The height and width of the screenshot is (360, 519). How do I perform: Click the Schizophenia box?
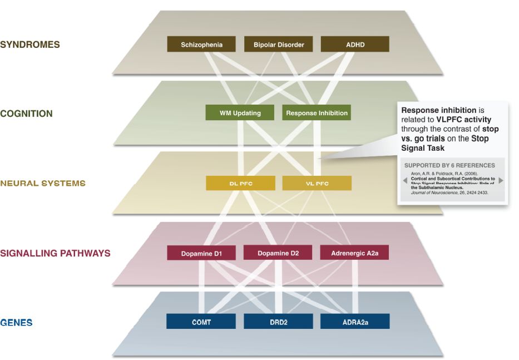(x=201, y=45)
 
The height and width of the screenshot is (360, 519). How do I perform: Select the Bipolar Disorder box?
(x=279, y=45)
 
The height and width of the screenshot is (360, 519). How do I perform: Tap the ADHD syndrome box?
(x=355, y=45)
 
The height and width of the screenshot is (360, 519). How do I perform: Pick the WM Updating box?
(x=240, y=113)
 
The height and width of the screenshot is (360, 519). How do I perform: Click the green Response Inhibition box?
(x=317, y=113)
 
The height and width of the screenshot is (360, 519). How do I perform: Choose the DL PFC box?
(x=240, y=183)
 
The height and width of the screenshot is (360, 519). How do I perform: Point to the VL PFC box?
(x=317, y=183)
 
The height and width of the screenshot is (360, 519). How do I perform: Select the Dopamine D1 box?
(x=201, y=253)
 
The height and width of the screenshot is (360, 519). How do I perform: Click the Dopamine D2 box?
(x=278, y=253)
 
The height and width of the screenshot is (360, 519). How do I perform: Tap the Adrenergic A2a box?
(x=354, y=253)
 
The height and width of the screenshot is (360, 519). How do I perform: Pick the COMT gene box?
(x=201, y=322)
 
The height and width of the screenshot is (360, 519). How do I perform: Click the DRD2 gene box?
(x=278, y=322)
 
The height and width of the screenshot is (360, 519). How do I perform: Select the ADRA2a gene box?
(x=355, y=322)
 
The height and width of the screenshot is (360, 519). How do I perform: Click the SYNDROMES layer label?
(x=30, y=45)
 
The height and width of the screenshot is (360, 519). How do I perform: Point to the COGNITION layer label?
(x=27, y=114)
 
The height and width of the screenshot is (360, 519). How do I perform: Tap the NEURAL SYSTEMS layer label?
(x=43, y=183)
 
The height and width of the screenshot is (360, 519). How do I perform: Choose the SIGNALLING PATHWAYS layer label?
(x=56, y=253)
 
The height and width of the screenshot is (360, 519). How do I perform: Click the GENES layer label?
(x=17, y=322)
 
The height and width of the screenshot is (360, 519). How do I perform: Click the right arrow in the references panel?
(x=501, y=180)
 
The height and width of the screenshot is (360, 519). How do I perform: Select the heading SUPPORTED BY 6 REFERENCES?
(x=449, y=165)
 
